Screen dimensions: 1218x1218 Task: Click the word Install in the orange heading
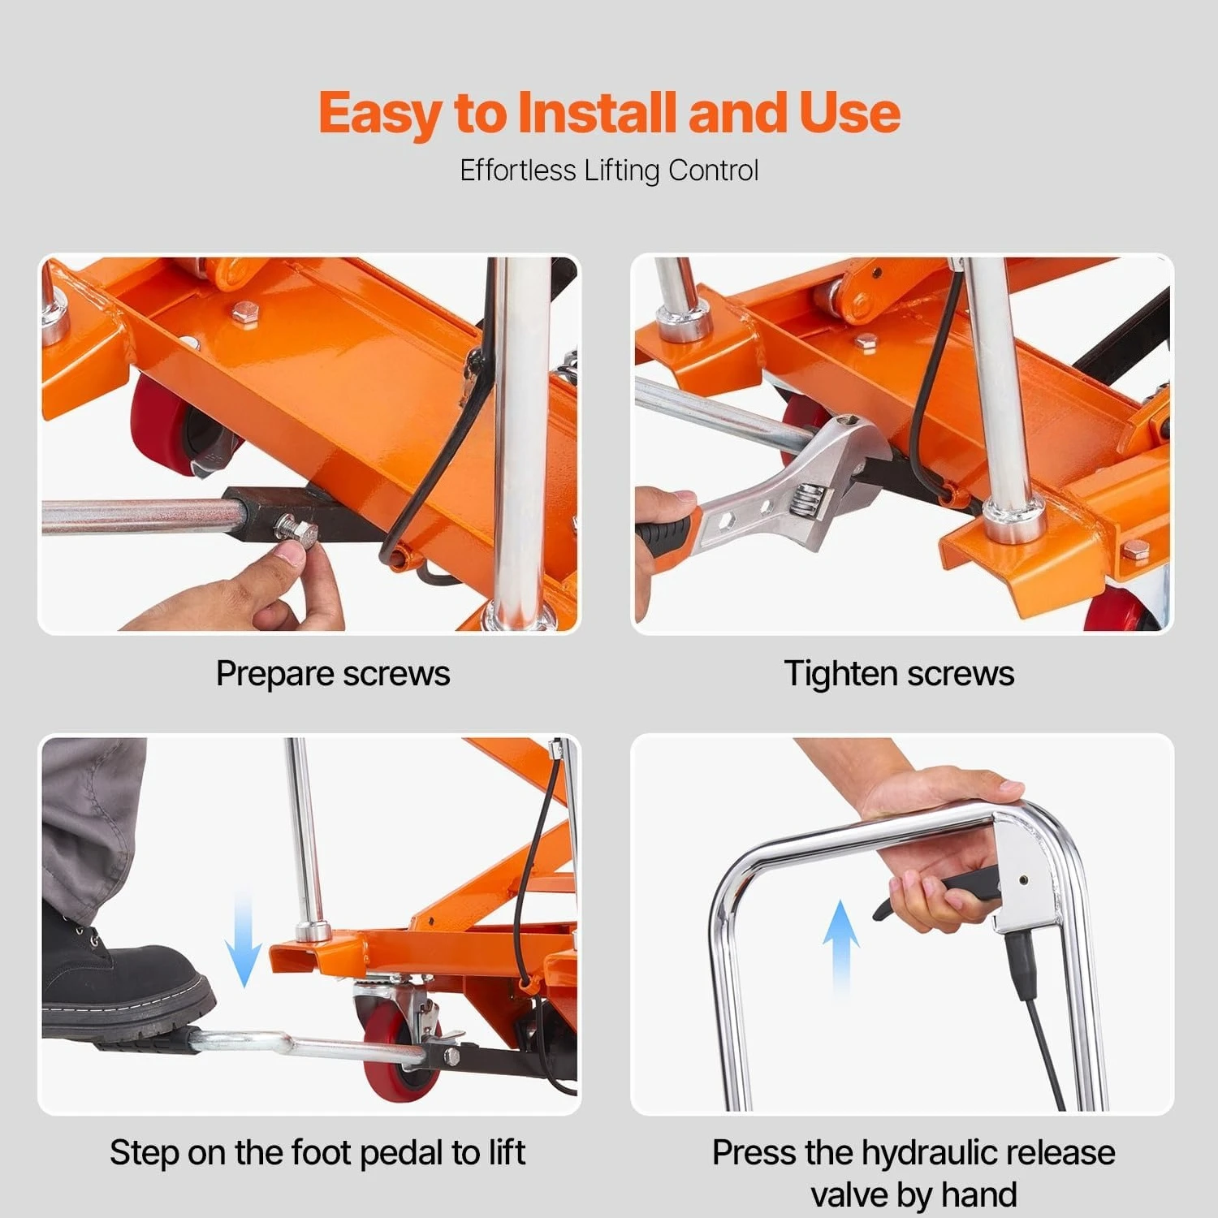[x=598, y=112]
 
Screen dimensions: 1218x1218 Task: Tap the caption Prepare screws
[x=332, y=674]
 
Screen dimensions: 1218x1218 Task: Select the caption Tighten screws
[x=899, y=674]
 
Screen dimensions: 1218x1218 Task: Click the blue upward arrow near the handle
[x=840, y=946]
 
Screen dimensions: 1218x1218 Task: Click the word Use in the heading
[x=850, y=112]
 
